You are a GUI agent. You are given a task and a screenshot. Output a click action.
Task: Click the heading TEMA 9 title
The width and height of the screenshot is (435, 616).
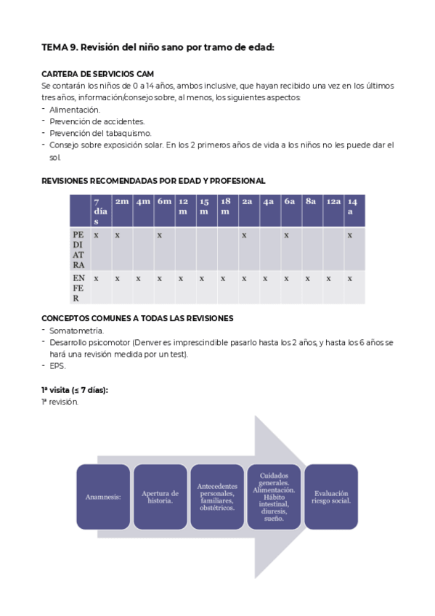point(158,48)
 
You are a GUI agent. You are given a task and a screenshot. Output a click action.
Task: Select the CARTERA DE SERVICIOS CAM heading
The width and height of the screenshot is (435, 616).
point(97,74)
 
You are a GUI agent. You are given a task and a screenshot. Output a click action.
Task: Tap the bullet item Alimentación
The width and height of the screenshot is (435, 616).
point(75,110)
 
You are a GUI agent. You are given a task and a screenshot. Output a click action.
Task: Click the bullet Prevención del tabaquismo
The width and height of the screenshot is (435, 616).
point(100,133)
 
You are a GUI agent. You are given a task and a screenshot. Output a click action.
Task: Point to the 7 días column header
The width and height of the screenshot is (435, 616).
point(100,211)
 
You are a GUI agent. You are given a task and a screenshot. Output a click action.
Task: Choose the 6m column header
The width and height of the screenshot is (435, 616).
point(164,201)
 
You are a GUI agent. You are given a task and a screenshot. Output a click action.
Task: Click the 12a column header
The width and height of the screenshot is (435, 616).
point(333,201)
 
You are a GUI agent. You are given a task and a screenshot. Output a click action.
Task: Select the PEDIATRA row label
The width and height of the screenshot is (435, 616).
point(79,250)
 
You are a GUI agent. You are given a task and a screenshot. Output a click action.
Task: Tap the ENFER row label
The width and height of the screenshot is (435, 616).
point(79,288)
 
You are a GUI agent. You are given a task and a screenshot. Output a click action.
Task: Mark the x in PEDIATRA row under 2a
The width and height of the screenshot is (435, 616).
point(244,235)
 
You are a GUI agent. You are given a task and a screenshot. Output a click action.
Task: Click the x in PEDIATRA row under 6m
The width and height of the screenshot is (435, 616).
point(159,235)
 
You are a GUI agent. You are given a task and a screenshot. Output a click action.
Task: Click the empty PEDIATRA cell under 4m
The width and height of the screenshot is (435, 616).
point(143,250)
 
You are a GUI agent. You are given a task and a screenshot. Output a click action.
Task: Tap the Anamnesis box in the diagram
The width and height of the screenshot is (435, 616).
point(102,497)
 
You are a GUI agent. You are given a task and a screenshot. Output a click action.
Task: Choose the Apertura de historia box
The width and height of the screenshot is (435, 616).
point(160,497)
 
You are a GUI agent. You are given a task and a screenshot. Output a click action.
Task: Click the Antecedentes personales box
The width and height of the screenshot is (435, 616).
point(216,497)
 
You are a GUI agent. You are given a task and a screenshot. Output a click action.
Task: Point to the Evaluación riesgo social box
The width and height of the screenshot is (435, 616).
point(331,497)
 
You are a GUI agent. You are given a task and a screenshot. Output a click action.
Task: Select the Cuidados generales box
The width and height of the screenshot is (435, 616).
point(274,497)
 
